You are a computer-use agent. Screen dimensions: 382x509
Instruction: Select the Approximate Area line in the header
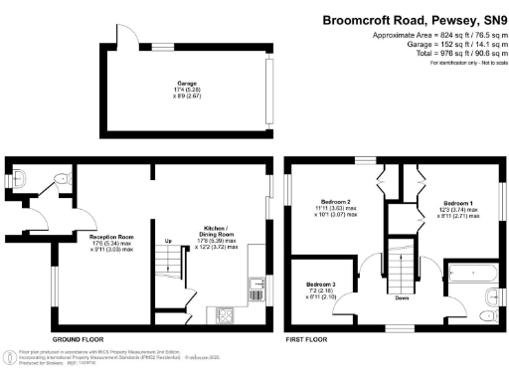tap(433, 35)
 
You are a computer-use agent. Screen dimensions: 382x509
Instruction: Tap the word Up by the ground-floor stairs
tap(168, 242)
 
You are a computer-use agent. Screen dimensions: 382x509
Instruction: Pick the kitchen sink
tap(257, 287)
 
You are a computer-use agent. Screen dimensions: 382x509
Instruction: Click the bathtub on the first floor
tap(466, 271)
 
